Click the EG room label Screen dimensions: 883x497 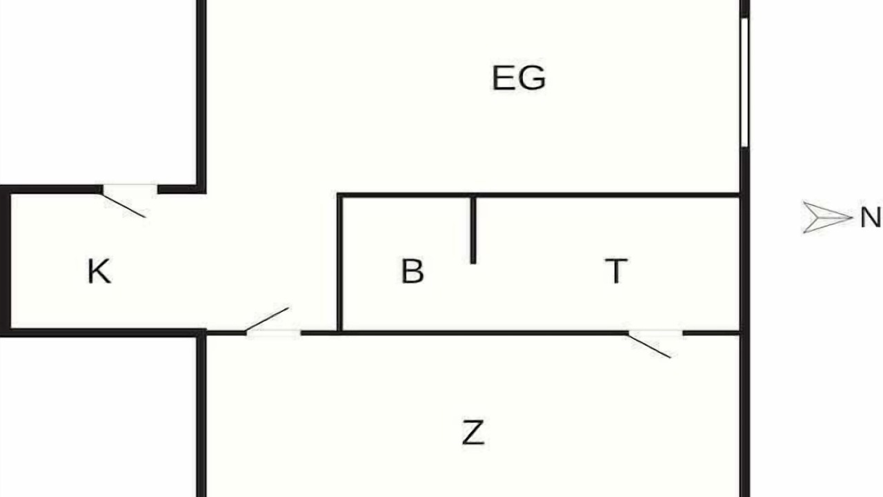point(519,78)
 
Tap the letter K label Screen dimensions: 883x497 point(99,271)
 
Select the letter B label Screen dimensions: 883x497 point(413,271)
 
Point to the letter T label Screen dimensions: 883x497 point(616,271)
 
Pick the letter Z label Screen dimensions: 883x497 point(473,433)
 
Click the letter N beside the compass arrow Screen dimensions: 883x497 point(871,217)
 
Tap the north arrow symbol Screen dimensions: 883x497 point(828,217)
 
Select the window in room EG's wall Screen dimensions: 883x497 point(744,83)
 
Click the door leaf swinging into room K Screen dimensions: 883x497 point(123,205)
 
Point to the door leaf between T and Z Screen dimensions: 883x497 point(650,346)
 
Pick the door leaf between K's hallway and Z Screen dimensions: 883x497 point(267,319)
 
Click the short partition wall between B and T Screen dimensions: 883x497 point(473,231)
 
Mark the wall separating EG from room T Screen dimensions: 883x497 point(539,195)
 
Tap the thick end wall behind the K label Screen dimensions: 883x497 point(5,261)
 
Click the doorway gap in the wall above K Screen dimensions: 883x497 point(130,189)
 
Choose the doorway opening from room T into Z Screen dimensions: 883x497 point(655,333)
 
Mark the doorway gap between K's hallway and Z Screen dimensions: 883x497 point(274,333)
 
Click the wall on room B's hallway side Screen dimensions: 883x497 point(340,263)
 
